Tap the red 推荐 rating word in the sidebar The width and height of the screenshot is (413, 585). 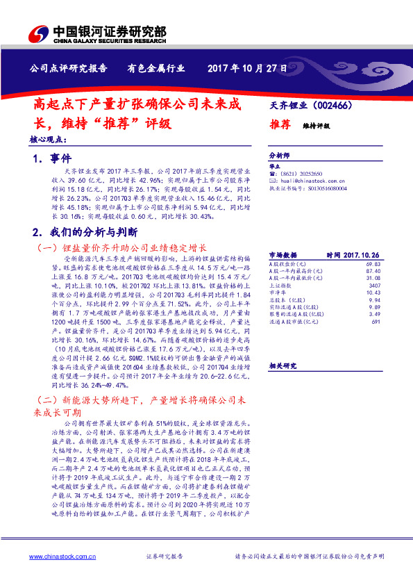click(280, 124)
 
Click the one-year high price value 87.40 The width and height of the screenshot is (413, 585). click(375, 272)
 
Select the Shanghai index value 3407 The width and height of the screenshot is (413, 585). click(376, 286)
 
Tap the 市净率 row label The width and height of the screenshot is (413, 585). click(276, 292)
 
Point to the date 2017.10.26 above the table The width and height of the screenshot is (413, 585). click(362, 255)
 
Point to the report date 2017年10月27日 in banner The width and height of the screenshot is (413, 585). click(247, 68)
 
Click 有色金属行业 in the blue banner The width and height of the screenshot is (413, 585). click(156, 68)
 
